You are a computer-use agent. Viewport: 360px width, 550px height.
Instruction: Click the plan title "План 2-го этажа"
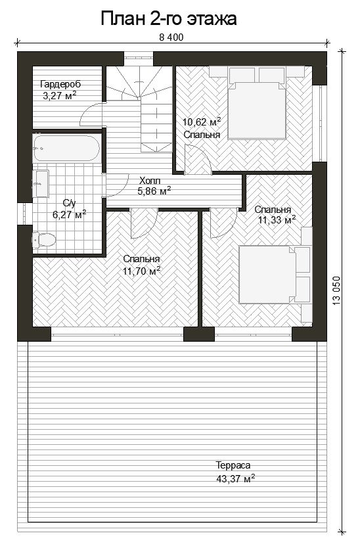(169, 19)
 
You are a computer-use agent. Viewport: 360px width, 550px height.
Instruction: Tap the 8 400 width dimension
(171, 37)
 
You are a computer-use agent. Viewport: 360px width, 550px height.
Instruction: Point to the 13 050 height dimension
(336, 290)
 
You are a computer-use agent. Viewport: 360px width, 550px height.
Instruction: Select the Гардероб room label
(60, 85)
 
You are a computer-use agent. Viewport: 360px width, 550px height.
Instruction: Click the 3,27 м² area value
(60, 95)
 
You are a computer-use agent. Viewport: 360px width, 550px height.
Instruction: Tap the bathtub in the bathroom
(67, 149)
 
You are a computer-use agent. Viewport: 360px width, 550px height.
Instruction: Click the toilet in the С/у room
(44, 241)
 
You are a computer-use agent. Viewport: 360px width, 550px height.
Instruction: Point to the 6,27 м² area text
(70, 214)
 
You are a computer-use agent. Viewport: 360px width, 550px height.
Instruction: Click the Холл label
(150, 181)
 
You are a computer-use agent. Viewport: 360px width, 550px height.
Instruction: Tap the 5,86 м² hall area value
(154, 191)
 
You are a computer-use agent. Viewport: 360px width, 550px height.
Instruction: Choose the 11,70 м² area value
(142, 271)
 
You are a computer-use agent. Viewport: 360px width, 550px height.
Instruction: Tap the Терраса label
(233, 465)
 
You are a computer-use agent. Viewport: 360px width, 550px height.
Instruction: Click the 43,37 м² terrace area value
(236, 479)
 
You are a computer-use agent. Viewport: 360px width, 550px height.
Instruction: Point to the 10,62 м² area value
(202, 122)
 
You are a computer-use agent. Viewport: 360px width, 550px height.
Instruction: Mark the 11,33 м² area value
(277, 220)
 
